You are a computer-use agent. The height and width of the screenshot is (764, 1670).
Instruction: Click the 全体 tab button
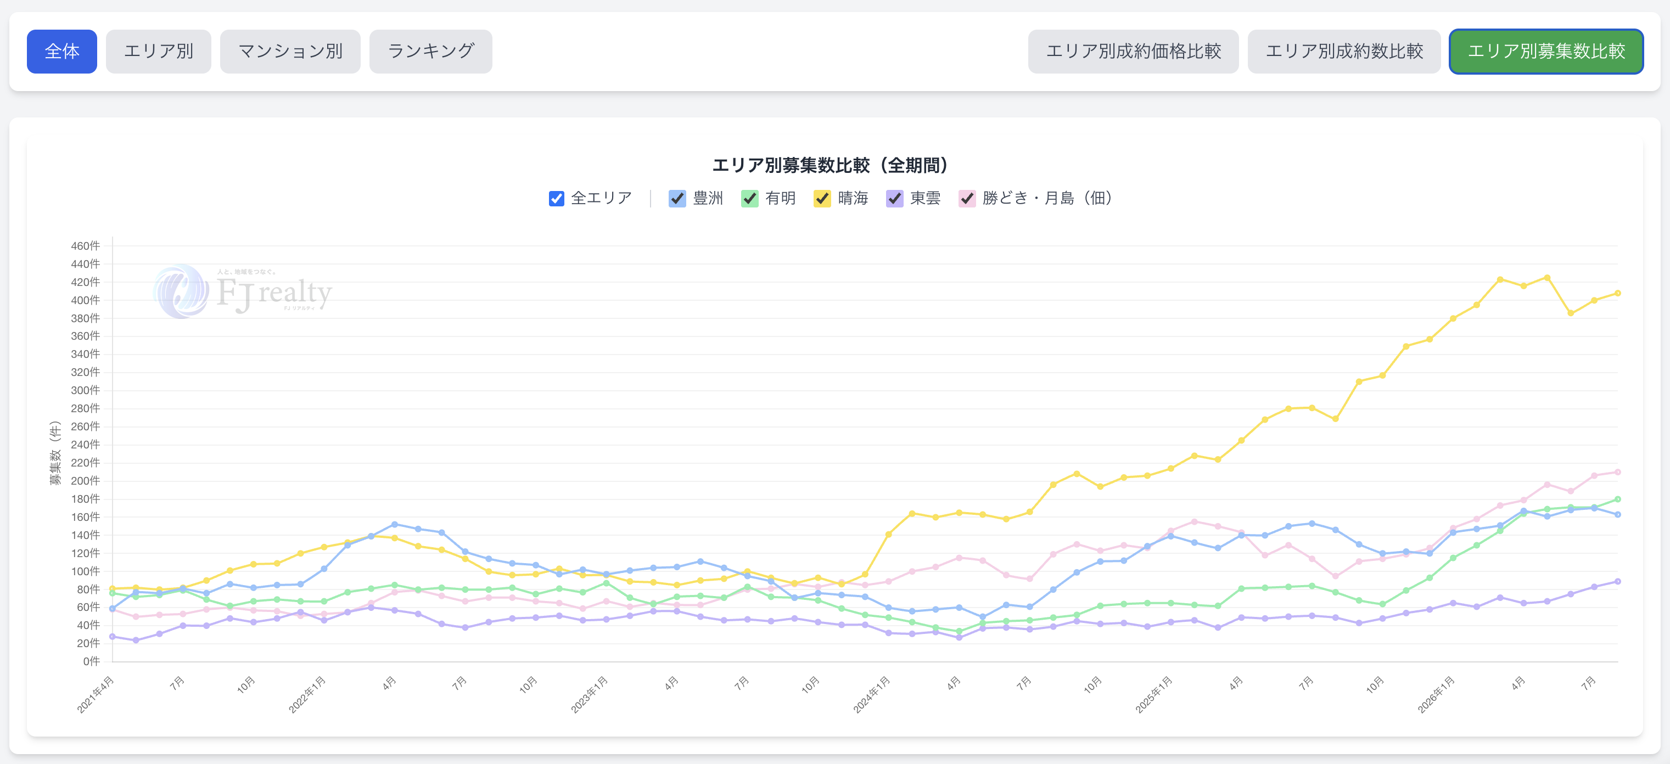61,51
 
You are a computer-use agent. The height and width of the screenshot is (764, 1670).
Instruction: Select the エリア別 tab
158,51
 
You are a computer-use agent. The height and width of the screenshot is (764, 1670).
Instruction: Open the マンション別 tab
290,51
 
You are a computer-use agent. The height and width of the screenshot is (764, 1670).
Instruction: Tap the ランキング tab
430,51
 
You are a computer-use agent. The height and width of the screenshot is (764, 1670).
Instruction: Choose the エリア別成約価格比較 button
1133,51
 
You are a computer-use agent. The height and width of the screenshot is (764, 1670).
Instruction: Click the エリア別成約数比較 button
1344,51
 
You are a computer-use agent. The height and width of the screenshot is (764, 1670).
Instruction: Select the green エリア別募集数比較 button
1546,51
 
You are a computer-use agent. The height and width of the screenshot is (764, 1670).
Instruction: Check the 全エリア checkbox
556,198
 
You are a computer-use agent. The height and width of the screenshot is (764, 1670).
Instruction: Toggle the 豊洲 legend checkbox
677,198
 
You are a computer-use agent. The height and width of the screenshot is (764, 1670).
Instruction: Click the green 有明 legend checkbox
749,198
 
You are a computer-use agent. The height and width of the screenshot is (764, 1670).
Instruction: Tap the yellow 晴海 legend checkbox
822,198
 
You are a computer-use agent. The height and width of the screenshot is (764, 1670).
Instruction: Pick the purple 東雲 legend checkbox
895,198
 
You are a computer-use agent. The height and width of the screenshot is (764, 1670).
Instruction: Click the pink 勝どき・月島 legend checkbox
967,198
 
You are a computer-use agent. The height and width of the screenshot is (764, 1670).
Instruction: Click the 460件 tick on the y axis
86,245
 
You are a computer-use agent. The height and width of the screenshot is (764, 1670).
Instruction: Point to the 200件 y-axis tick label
86,481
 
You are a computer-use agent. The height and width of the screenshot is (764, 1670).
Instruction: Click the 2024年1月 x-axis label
872,694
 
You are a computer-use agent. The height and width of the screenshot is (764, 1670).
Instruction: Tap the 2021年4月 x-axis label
96,694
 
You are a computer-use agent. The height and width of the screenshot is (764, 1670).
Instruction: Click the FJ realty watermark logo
243,291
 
